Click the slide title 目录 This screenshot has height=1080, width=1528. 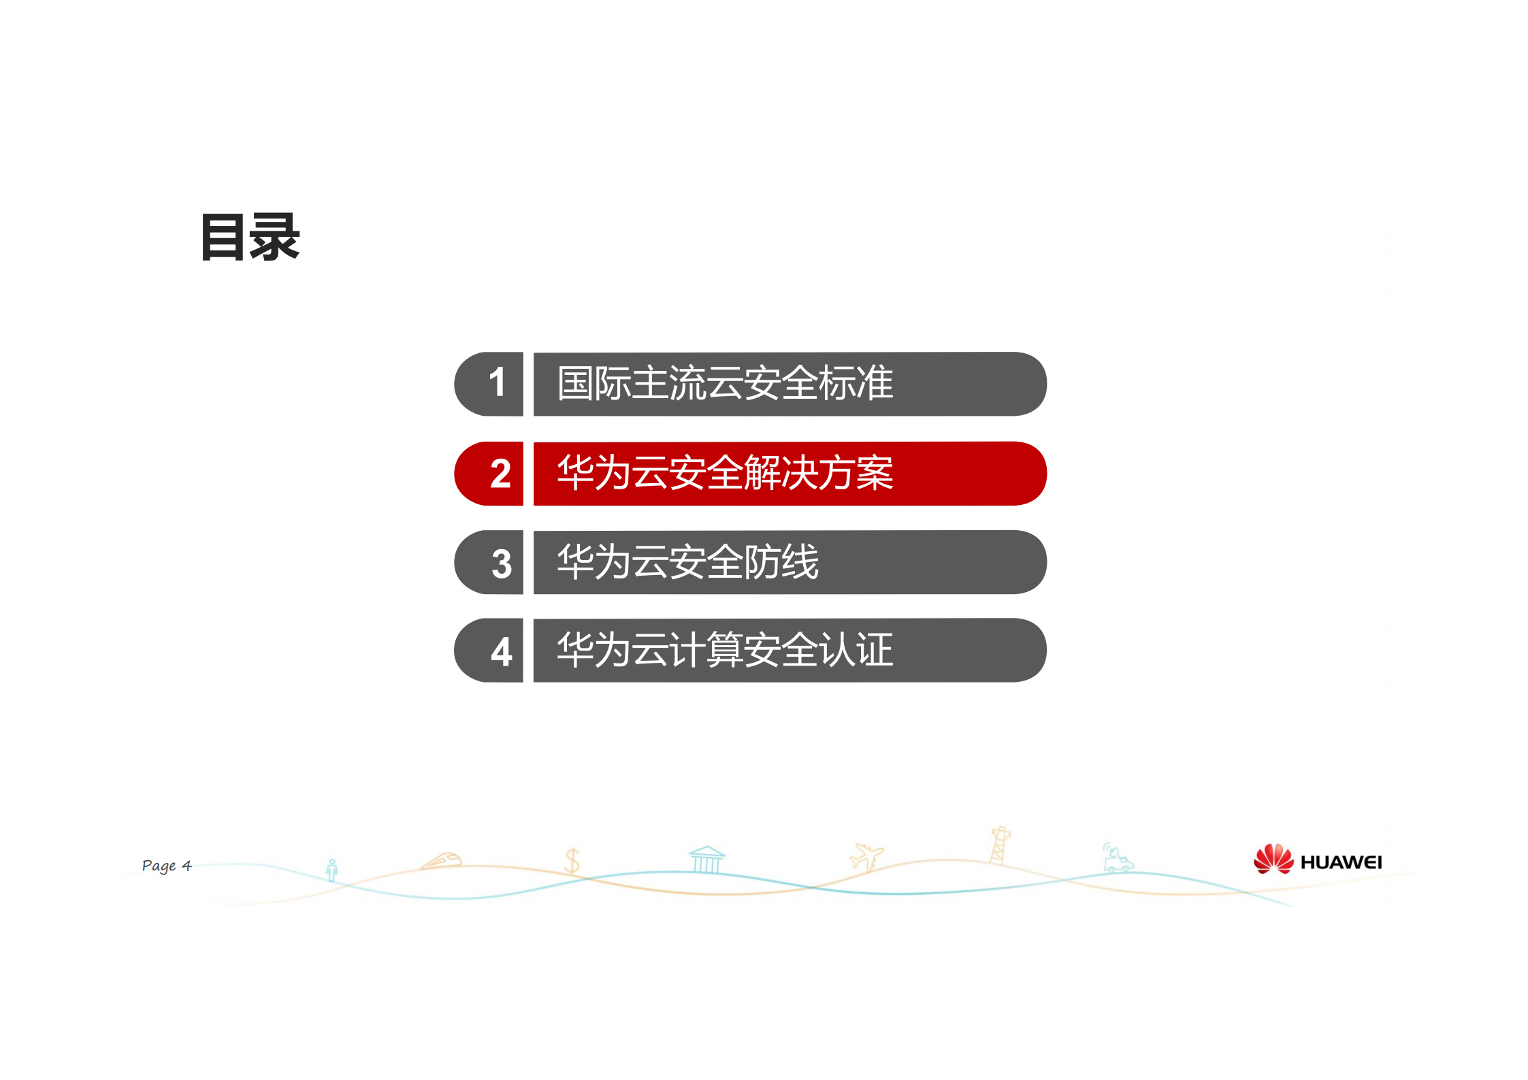[x=250, y=238]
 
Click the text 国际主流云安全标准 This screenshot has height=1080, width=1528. [x=724, y=383]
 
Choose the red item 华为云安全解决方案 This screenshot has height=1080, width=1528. [x=724, y=473]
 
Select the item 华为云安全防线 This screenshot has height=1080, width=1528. [x=687, y=562]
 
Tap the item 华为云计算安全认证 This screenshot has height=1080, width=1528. [x=724, y=651]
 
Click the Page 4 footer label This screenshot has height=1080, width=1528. [x=167, y=866]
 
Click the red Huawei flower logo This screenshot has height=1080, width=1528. [x=1272, y=860]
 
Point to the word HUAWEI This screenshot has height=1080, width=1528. [x=1340, y=863]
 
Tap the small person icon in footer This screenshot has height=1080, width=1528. [x=332, y=870]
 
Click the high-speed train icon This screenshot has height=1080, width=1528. [x=442, y=861]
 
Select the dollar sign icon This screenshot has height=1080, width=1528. [x=572, y=861]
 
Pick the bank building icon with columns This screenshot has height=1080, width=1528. [x=706, y=860]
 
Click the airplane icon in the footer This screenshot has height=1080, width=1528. [x=866, y=856]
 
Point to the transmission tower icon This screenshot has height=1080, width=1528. [x=999, y=845]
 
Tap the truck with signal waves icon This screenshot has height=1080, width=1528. [x=1117, y=859]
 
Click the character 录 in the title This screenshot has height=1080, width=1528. [x=274, y=238]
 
